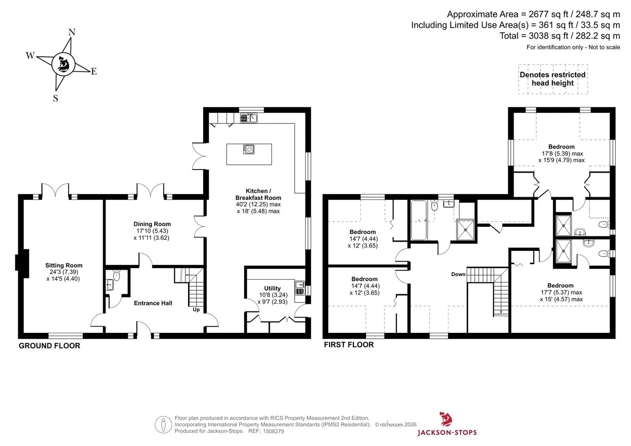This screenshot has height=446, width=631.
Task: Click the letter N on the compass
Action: pyautogui.click(x=72, y=32)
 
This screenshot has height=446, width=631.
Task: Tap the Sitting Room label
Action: pyautogui.click(x=64, y=265)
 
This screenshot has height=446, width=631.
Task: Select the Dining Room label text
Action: pyautogui.click(x=152, y=224)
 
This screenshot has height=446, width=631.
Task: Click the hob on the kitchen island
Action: pyautogui.click(x=249, y=149)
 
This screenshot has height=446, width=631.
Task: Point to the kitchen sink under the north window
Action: pyautogui.click(x=249, y=118)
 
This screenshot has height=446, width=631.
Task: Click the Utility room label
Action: pyautogui.click(x=273, y=288)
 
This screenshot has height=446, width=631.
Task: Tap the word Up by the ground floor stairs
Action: pyautogui.click(x=196, y=310)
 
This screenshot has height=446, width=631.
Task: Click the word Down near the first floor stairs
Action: pyautogui.click(x=459, y=274)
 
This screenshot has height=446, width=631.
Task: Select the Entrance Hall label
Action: pyautogui.click(x=153, y=303)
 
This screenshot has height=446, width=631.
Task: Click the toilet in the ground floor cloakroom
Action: pyautogui.click(x=117, y=276)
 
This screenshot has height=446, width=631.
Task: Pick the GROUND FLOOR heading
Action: pyautogui.click(x=50, y=346)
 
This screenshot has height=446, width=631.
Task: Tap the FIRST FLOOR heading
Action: pyautogui.click(x=349, y=345)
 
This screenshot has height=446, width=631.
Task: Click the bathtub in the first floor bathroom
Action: pyautogui.click(x=419, y=220)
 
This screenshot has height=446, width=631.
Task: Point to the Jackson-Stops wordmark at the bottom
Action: pyautogui.click(x=447, y=433)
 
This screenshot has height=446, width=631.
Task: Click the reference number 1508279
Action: pyautogui.click(x=273, y=431)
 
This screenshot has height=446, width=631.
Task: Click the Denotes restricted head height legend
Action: pyautogui.click(x=553, y=79)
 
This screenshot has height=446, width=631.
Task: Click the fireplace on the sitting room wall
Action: pyautogui.click(x=22, y=263)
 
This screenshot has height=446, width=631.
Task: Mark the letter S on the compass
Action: pyautogui.click(x=56, y=98)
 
